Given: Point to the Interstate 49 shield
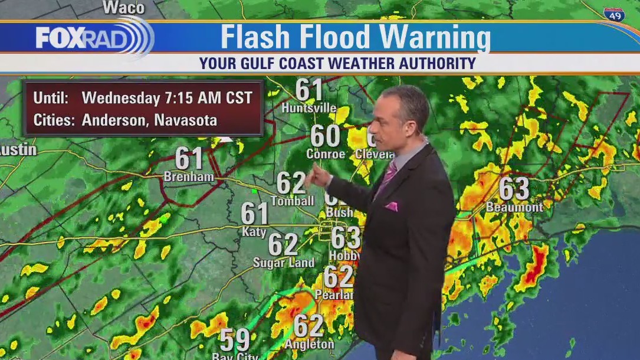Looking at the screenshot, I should (x=614, y=15).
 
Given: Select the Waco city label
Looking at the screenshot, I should (x=123, y=8).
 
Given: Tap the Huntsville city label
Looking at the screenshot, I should (x=308, y=108).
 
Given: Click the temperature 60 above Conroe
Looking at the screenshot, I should (x=325, y=136).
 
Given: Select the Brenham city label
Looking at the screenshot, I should (x=188, y=176).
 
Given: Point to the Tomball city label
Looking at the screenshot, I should (x=292, y=201).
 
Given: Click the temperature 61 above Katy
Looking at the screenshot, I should (x=255, y=213).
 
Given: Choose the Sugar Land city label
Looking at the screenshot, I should (x=284, y=263).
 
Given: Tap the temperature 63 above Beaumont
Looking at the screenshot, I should (x=514, y=189).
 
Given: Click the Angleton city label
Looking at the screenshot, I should (x=309, y=343).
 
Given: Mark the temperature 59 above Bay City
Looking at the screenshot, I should (x=235, y=340).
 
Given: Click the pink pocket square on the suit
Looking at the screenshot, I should (x=391, y=206).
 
